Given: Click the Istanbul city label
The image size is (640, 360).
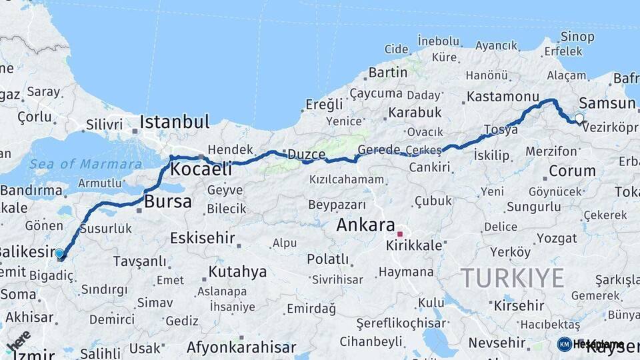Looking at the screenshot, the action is coord(174,122).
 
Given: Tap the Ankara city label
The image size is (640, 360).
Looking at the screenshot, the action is coord(365,225).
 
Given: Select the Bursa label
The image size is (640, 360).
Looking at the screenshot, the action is coord(168,201).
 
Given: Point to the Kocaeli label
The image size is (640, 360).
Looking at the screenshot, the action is coord(201,169).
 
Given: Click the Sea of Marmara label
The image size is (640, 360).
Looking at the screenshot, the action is coord(85,164).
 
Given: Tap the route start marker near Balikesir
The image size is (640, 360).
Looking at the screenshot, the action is coord(59,253).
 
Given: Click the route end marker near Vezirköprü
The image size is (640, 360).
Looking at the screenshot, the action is coord(579,119).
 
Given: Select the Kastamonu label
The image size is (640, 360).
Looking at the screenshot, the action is coord(502,97).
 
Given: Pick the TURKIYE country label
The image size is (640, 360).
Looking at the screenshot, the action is coord(513,277).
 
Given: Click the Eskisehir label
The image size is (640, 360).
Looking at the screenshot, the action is coord(202,238).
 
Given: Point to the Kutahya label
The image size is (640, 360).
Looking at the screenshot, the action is coord(237,272).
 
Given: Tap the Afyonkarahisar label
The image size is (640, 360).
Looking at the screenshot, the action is coord(241,347).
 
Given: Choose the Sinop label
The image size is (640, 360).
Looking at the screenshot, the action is coord(577,37).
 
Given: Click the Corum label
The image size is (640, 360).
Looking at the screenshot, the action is coord(572,171).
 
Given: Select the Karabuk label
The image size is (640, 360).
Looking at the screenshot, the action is coord(415,112).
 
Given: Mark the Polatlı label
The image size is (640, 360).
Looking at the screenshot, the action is coord(327,259).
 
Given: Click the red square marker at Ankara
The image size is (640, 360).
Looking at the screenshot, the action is coord(400,234).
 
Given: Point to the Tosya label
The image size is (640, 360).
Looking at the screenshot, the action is coord(501,130).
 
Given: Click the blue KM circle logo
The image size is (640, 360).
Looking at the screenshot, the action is coord(565,344).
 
